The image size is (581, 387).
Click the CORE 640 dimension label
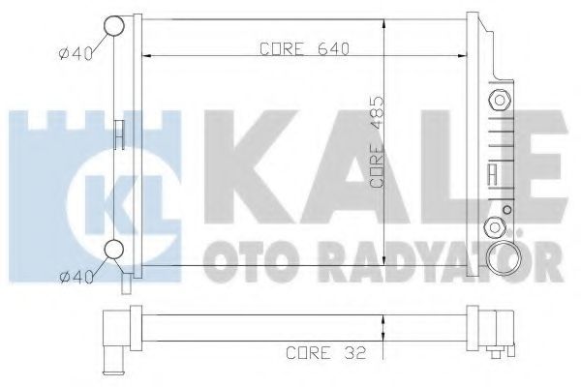click(x=305, y=49)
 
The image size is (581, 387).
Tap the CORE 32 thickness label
click(x=326, y=352)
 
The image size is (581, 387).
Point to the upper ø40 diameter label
click(x=76, y=54)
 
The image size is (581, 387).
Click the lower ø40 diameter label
click(x=76, y=277)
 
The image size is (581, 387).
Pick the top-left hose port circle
click(x=113, y=26)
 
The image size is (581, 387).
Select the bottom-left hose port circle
click(x=113, y=250)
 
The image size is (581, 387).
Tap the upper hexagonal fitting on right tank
click(x=500, y=100)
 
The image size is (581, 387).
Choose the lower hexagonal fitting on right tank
click(x=495, y=227)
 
